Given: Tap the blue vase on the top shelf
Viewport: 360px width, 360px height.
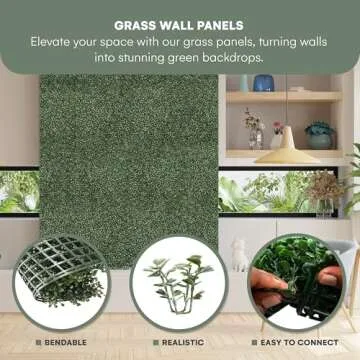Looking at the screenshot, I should point(264,84).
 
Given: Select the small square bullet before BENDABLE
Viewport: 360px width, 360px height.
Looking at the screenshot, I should point(37,343).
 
